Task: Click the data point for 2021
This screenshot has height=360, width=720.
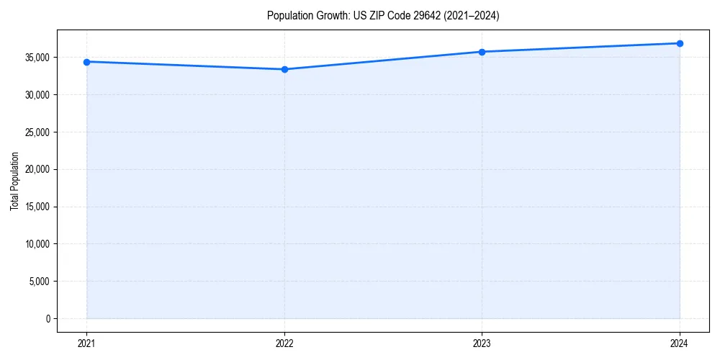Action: pos(86,62)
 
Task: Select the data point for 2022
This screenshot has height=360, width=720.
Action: pos(284,69)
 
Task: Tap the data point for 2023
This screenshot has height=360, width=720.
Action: pos(482,52)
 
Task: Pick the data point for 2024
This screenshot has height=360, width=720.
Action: pos(680,43)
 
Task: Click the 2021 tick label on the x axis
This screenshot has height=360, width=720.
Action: pos(86,343)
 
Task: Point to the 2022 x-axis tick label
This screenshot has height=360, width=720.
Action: pos(284,343)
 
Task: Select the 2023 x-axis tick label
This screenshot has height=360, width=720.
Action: pos(482,343)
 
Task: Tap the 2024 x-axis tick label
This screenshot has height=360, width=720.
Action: pos(680,343)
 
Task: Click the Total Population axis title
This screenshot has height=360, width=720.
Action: pos(14,181)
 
